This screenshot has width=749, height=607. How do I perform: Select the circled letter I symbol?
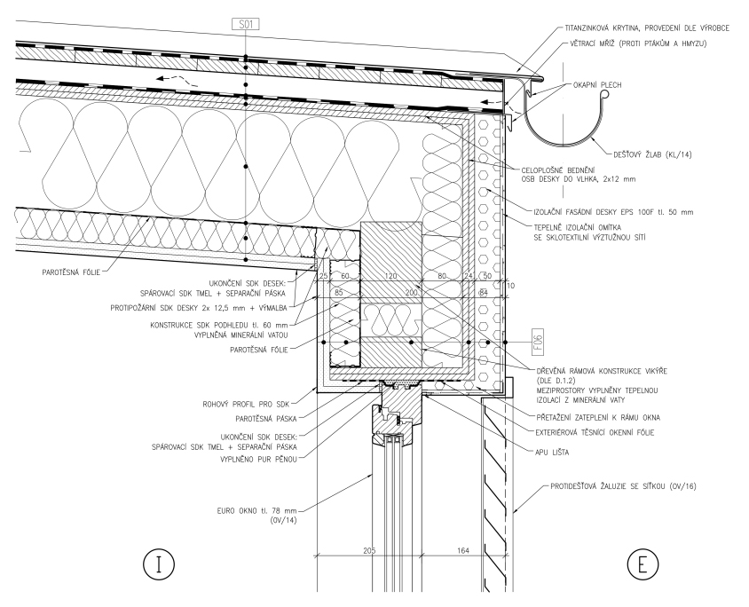(158, 564)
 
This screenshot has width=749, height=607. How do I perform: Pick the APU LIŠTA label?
(550, 452)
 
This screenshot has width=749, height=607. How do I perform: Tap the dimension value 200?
(411, 292)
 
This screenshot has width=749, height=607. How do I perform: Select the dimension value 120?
(390, 277)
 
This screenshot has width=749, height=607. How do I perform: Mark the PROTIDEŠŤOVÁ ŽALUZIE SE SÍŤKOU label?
(632, 488)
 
